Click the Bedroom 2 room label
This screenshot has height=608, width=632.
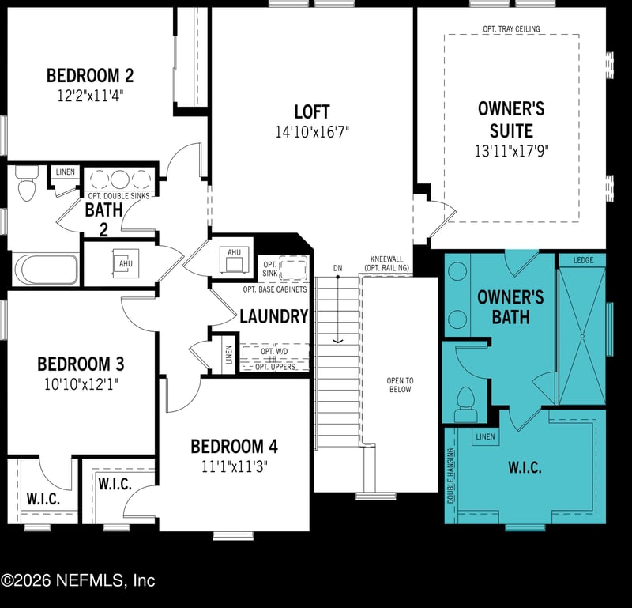[x=89, y=76]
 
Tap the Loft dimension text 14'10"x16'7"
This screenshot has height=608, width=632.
[x=312, y=133]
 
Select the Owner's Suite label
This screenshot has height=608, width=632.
[x=511, y=119]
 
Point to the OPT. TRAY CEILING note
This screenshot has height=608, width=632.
[x=511, y=29]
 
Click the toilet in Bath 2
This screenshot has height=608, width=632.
[x=26, y=187]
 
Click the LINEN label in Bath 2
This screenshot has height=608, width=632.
[x=65, y=172]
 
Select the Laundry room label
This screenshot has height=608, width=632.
[x=273, y=317]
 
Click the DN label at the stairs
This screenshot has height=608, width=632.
[x=338, y=268]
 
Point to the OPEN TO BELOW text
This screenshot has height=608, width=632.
[x=400, y=385]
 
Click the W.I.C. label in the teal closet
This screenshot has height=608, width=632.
[x=524, y=467]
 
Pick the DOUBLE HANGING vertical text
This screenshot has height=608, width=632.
[x=451, y=476]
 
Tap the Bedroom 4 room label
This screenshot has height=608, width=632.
[x=234, y=446]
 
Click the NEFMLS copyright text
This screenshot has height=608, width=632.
[x=77, y=580]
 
